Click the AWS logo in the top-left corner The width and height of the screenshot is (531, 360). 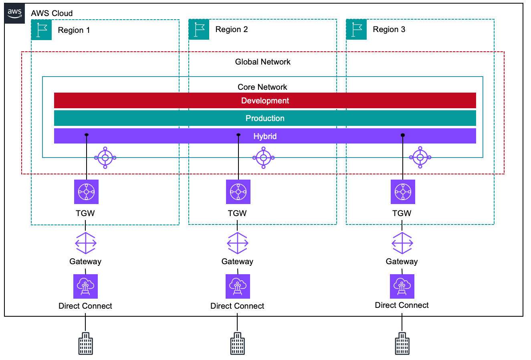point(14,13)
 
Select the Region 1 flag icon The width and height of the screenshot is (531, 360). point(41,30)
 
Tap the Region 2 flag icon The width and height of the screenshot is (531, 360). point(199,29)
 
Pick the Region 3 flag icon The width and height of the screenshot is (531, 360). point(356,29)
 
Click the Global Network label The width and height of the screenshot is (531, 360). point(262,62)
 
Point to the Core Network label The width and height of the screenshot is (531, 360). point(262,87)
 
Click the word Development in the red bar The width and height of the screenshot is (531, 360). point(265,101)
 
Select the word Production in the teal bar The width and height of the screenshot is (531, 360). point(265,118)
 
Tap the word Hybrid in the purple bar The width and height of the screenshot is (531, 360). point(265,136)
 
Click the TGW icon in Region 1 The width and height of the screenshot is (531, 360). point(86,192)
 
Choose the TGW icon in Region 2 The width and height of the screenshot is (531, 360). point(238,192)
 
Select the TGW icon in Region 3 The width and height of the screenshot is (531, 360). point(403,192)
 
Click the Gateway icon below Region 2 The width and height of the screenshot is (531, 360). point(238,243)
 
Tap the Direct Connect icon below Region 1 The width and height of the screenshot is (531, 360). point(85,286)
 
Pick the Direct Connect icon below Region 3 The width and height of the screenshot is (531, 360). point(402,286)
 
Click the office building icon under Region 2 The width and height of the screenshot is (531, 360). point(237,344)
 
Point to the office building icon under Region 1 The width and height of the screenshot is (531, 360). point(85,344)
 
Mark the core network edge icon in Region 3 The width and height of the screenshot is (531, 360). point(420,158)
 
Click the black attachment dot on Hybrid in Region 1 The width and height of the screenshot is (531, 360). point(87,135)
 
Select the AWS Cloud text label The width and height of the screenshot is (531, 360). point(52,13)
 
